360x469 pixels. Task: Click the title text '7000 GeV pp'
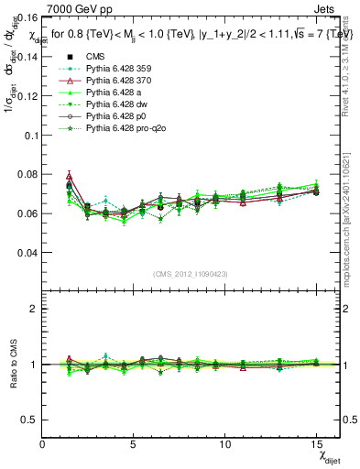(x=74, y=7)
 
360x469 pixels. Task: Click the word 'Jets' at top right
(x=327, y=7)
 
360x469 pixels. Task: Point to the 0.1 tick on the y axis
(x=30, y=135)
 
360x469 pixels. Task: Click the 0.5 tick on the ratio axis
(x=28, y=419)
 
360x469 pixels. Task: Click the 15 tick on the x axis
(x=316, y=444)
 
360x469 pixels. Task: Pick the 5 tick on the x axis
(x=134, y=444)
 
